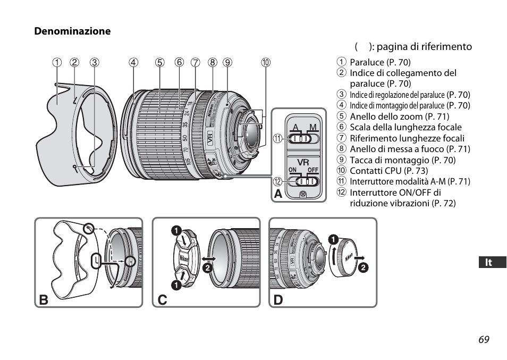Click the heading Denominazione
point(73,31)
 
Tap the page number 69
point(483,339)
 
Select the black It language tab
point(488,262)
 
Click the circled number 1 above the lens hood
point(56,62)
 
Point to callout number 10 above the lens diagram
point(265,62)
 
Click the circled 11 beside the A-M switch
point(277,139)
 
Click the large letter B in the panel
point(44,299)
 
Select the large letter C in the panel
point(162,299)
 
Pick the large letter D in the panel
point(278,299)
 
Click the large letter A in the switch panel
point(278,195)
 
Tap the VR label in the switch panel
point(302,162)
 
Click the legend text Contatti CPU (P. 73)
point(388,171)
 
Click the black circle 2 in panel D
point(363,267)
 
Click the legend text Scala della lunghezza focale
point(405,127)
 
